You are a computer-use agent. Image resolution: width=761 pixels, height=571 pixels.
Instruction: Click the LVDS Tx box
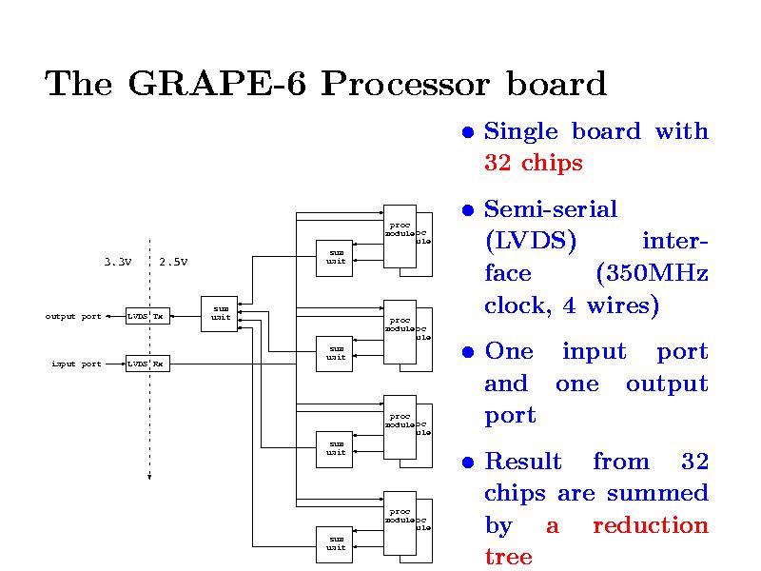pos(147,316)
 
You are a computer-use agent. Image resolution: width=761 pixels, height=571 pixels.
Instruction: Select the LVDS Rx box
pos(147,364)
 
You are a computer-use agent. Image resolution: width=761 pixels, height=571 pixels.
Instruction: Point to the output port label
pos(73,316)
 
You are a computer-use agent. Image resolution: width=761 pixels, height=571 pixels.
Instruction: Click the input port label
pos(76,364)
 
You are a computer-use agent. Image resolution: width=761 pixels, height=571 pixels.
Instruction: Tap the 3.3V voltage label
pos(118,262)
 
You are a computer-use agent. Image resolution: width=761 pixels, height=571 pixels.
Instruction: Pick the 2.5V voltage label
pos(173,262)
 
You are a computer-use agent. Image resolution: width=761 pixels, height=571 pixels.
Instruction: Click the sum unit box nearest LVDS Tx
pos(220,313)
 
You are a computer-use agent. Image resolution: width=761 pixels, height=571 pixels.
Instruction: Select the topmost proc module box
pos(400,229)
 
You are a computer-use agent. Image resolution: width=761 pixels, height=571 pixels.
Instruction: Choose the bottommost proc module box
pos(400,517)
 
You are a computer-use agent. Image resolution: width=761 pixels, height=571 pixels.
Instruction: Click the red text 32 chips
pos(533,164)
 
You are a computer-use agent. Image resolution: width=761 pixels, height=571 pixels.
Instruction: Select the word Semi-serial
pos(551,209)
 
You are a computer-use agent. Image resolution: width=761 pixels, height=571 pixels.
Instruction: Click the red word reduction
pos(650,525)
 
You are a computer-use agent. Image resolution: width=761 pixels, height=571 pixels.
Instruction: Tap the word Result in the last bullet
pos(523,463)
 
